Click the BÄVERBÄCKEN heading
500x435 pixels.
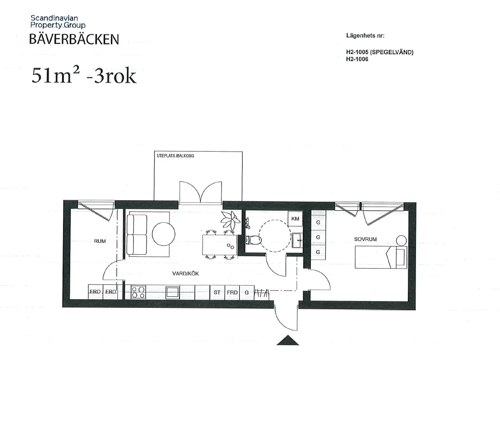tap(74, 39)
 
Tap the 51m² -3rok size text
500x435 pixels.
tap(84, 76)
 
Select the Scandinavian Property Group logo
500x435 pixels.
tap(58, 22)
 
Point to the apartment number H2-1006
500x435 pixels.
tap(357, 59)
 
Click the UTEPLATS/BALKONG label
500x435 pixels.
tap(175, 156)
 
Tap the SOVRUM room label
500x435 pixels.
tap(365, 239)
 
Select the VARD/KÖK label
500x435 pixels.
tap(185, 273)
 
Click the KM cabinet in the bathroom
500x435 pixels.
tap(295, 218)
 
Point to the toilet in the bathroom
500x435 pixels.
tap(254, 239)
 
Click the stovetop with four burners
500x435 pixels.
tap(138, 293)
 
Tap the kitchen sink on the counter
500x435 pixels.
tap(172, 293)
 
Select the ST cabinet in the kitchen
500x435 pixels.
tap(217, 293)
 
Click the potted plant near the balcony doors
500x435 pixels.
tap(230, 219)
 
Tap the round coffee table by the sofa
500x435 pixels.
tap(164, 234)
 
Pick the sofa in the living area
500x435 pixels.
tap(137, 235)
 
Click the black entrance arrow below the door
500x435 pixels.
tap(287, 340)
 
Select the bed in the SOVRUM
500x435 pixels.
tap(381, 257)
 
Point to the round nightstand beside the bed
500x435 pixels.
tap(401, 240)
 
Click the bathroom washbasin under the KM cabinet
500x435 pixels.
tap(297, 240)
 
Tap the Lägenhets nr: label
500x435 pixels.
tap(365, 35)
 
